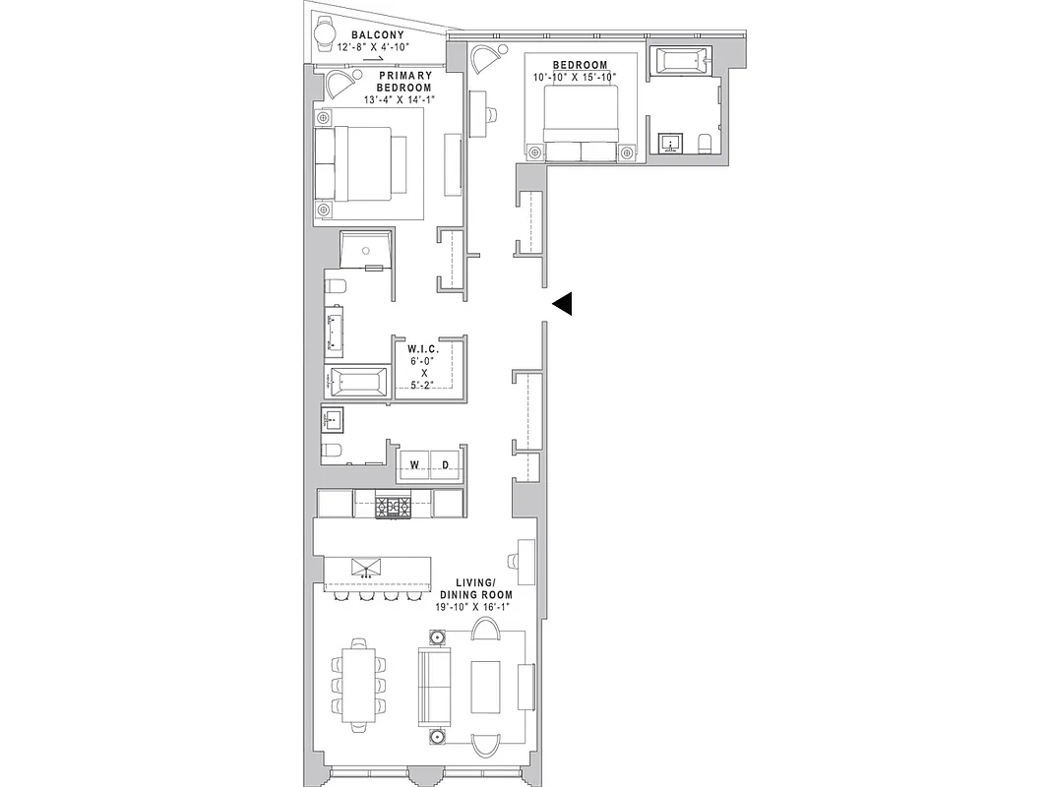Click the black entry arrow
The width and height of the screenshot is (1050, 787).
562,305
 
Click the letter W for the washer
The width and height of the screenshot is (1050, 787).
415,465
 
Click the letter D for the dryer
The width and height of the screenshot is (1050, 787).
445,465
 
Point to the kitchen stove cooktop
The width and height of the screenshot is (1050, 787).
394,506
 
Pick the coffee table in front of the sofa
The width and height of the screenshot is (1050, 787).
486,685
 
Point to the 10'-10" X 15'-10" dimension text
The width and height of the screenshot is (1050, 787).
575,77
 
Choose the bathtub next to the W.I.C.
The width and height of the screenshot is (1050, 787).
358,381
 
